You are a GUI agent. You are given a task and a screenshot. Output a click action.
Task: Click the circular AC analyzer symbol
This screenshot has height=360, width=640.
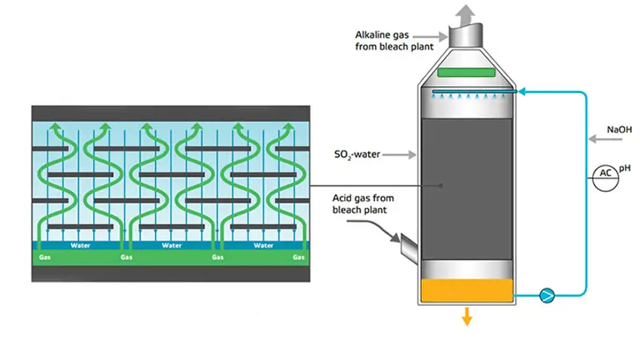pos(605,178)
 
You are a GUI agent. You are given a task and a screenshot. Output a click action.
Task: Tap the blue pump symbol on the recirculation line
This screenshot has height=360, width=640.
pos(547,295)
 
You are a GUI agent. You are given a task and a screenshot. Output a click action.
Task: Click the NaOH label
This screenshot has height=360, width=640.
pos(619,130)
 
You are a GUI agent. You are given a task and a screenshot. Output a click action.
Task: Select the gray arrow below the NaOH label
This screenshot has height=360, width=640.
pos(605,139)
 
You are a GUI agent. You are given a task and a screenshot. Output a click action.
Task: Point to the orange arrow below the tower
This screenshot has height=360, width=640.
pos(467,316)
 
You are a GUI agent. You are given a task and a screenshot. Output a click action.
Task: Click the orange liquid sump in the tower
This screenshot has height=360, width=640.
pos(467,290)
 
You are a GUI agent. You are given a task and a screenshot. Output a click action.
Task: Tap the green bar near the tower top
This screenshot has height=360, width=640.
pos(466,72)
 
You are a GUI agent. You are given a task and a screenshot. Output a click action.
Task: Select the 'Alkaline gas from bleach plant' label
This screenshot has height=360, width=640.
pos(394,41)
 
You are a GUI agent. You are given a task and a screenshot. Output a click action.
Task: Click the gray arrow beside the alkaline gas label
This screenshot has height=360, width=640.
pos(431,37)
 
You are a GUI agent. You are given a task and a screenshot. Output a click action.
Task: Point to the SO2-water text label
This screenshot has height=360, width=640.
pos(357,154)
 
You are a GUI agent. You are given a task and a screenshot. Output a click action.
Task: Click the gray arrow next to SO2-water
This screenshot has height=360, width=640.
pos(399,154)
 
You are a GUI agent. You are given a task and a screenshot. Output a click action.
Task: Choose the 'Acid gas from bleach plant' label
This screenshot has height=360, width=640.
pos(363,203)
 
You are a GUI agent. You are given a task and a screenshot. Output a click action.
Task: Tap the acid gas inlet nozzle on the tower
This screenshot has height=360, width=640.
pos(409,247)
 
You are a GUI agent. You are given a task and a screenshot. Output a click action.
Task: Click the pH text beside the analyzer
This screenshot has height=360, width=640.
pos(625,168)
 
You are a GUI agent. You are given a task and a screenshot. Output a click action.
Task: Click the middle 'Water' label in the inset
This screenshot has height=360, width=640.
pos(172,246)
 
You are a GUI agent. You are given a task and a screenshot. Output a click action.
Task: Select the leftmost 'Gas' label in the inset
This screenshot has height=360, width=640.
pos(45,257)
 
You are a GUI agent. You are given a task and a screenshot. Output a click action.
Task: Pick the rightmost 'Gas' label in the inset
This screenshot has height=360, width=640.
pos(298,257)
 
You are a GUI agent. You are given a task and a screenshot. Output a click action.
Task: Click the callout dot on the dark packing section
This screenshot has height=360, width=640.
pos(440,186)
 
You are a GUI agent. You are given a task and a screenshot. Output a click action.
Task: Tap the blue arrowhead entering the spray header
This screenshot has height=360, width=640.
pos(521,92)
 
